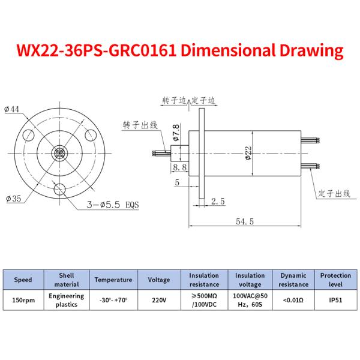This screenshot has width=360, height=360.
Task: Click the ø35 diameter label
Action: [13, 199]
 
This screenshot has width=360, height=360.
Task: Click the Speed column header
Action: [23, 280]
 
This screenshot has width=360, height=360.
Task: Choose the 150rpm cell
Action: [23, 301]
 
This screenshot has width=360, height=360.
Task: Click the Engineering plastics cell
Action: [66, 301]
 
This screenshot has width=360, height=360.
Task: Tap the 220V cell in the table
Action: [158, 301]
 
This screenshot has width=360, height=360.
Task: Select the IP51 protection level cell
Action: [335, 301]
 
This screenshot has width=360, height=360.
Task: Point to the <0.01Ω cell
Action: [293, 301]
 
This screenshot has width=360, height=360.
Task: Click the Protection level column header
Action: [335, 280]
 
